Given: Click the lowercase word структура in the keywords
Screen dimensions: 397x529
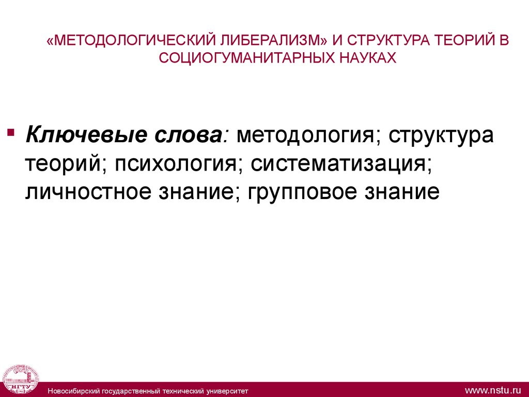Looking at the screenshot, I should click(x=441, y=135).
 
